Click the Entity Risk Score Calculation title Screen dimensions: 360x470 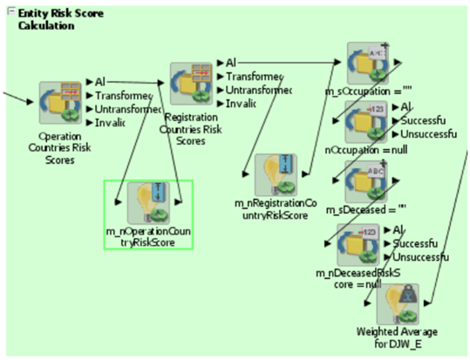(57, 19)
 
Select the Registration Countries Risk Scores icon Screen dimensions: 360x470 (191, 85)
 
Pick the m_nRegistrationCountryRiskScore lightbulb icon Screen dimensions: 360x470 (276, 176)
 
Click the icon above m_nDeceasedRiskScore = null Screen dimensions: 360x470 (358, 245)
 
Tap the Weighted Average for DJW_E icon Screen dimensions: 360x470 (398, 304)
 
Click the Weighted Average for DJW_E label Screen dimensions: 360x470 (397, 338)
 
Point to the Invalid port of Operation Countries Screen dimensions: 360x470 (110, 123)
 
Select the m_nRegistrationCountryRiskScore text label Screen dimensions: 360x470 (276, 208)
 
